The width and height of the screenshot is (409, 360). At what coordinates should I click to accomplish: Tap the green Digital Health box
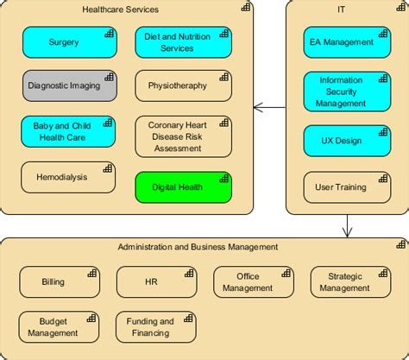click(x=183, y=187)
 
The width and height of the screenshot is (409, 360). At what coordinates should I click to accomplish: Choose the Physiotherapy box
click(x=183, y=85)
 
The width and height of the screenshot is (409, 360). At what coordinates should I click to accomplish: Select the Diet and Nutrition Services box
click(x=183, y=42)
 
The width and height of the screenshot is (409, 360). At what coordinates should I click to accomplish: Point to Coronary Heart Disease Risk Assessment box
click(x=183, y=136)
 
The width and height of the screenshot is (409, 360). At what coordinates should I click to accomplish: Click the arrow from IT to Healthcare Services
click(x=269, y=108)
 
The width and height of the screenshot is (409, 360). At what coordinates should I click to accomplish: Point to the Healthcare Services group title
click(x=120, y=9)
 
